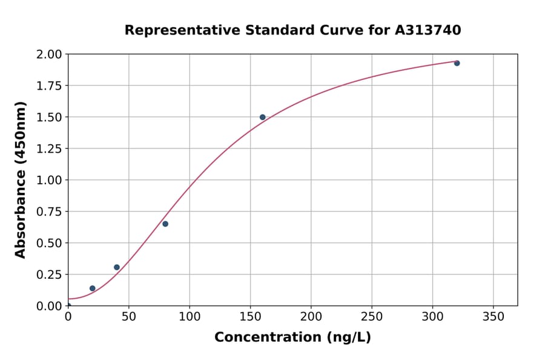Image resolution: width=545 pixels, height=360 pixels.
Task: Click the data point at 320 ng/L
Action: (x=457, y=63)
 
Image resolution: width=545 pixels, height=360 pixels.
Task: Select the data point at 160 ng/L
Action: (x=262, y=117)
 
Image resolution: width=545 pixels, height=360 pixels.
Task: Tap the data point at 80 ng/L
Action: (x=165, y=224)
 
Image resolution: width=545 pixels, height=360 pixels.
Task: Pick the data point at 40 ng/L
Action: (x=117, y=267)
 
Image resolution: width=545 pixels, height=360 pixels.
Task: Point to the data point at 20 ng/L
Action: (x=92, y=288)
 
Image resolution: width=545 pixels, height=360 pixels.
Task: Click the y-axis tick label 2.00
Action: (x=49, y=55)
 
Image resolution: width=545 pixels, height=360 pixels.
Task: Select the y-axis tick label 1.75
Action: (x=49, y=86)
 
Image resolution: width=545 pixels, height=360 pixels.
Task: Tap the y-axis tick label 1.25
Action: (x=49, y=148)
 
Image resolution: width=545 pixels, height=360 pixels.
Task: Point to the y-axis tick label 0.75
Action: (x=49, y=212)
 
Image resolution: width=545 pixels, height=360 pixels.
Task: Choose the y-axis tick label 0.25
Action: (x=49, y=275)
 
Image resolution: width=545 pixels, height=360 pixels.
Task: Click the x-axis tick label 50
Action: (x=128, y=316)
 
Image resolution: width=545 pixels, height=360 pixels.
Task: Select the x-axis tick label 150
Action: (x=250, y=316)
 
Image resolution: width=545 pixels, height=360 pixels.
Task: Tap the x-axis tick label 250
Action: (x=372, y=316)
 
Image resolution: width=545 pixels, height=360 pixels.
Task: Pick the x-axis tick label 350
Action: (x=493, y=316)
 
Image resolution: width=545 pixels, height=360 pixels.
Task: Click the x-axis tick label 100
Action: (x=190, y=316)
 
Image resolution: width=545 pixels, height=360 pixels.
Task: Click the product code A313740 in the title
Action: (x=428, y=30)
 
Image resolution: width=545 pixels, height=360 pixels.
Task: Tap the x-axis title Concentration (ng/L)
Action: (x=292, y=338)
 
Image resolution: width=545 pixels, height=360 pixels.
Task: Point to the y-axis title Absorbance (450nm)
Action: (x=21, y=180)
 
